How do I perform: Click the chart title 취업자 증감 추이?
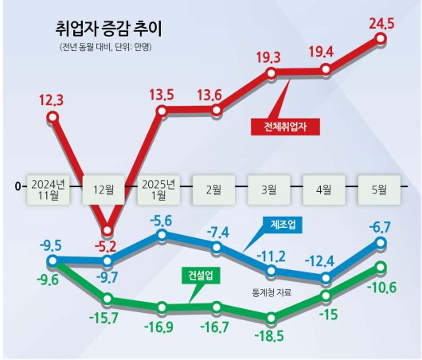click(x=108, y=30)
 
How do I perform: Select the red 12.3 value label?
click(x=53, y=100)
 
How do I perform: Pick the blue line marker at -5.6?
click(x=162, y=236)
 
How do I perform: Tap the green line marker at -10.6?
click(x=381, y=268)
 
